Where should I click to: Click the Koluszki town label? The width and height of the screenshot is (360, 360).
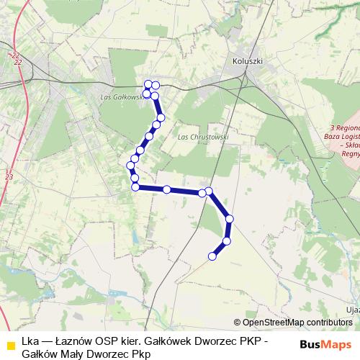(246, 61)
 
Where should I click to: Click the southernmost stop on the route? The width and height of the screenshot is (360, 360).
(212, 256)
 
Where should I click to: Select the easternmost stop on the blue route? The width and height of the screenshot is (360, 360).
(230, 218)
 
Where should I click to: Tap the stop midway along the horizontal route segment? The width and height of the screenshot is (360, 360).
(167, 189)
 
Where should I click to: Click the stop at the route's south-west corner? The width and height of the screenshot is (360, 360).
(135, 187)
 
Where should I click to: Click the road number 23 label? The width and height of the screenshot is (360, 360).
(9, 176)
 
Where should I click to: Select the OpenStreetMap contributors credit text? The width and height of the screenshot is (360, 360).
(293, 322)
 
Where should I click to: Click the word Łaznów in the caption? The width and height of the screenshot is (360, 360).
(70, 341)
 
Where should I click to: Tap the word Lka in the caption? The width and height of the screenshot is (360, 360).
(30, 341)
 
